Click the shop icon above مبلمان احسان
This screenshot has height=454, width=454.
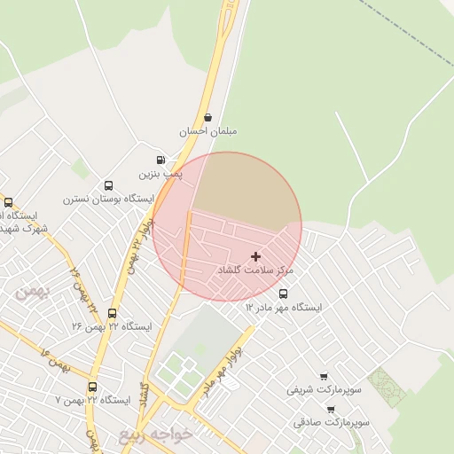[x=207, y=117]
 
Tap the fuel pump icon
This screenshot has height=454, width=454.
[x=160, y=160]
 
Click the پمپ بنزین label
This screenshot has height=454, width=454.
[x=162, y=175]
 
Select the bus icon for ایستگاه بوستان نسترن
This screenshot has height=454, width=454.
[x=108, y=186]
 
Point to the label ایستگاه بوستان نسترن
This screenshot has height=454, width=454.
[x=108, y=200]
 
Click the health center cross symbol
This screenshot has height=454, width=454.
[x=256, y=255]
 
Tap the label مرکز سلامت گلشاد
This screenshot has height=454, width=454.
[x=255, y=269]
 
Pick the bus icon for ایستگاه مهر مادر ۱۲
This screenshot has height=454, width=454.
[x=283, y=294]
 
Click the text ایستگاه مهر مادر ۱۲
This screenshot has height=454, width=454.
[x=284, y=307]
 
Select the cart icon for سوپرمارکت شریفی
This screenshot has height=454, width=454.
[x=323, y=376]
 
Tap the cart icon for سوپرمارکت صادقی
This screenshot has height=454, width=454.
[x=331, y=410]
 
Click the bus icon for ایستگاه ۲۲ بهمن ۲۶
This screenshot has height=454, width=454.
[x=112, y=313]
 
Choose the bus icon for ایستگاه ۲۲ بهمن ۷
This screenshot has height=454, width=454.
[x=92, y=387]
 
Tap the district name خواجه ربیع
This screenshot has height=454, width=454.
[x=148, y=434]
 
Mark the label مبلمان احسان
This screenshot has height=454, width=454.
[x=208, y=130]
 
